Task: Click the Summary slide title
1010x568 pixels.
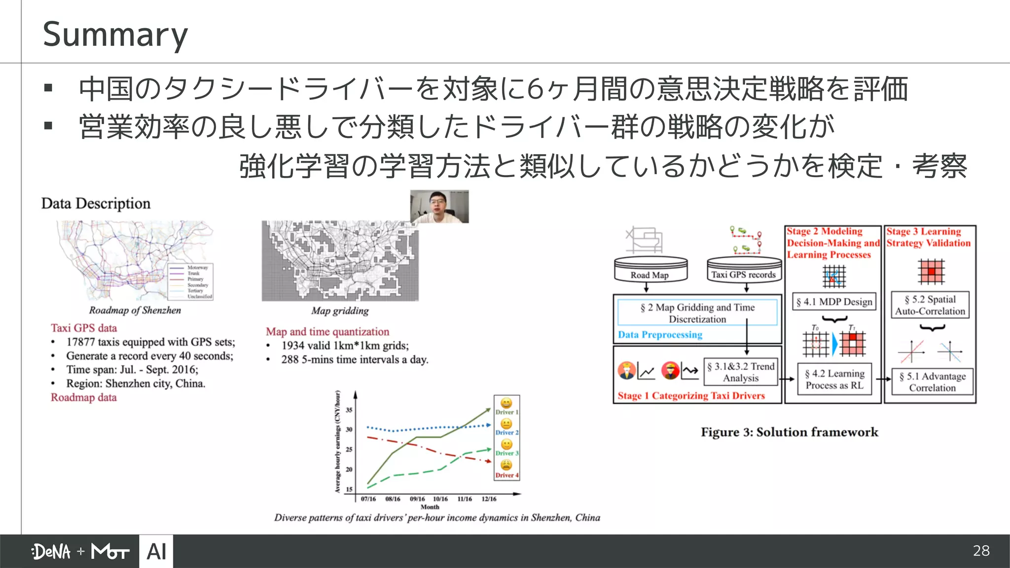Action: coord(115,35)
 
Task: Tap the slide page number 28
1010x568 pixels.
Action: coord(981,551)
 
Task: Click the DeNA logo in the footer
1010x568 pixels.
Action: coord(51,551)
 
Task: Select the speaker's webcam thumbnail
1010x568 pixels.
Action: coord(439,207)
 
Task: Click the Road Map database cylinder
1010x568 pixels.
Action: coord(650,270)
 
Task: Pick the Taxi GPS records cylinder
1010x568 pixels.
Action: coord(744,270)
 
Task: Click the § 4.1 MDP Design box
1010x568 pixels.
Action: coord(834,302)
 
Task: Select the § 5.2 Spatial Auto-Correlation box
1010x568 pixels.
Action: coord(930,305)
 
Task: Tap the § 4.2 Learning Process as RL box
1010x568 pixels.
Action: coord(834,380)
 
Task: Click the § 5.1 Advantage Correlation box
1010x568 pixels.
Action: coord(932,382)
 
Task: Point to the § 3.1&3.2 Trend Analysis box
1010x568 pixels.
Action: coord(741,372)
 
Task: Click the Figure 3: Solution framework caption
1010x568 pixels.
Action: coord(789,432)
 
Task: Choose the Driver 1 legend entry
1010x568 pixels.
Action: coord(506,406)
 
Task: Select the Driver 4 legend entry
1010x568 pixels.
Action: coord(506,469)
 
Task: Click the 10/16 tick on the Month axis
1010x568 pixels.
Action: coord(440,499)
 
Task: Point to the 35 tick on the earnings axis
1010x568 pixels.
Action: coord(349,410)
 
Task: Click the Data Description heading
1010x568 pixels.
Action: coord(96,204)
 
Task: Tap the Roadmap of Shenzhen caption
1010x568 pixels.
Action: coord(135,310)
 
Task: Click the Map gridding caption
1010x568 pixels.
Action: coord(340,311)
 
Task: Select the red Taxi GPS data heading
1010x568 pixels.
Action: coord(84,328)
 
